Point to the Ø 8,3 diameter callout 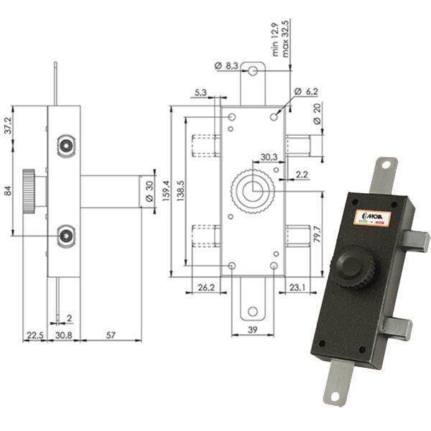(228, 66)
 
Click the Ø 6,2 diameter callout (306, 92)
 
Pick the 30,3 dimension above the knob (269, 157)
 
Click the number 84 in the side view (9, 191)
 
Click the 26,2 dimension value (207, 287)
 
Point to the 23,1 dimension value (297, 287)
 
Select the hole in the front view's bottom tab (252, 311)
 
